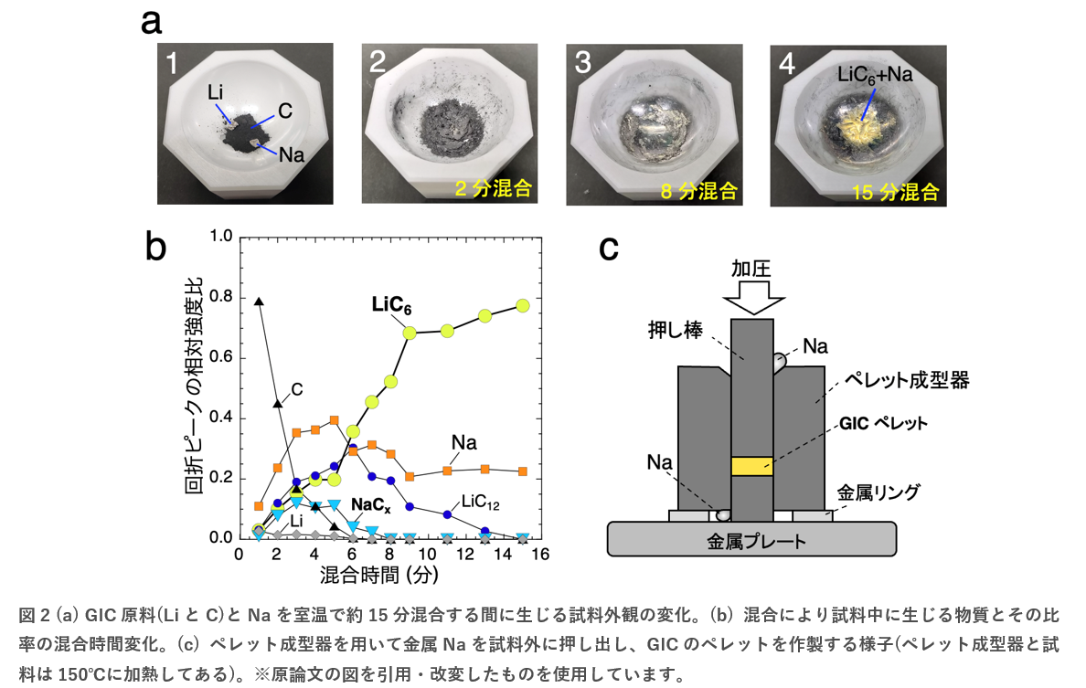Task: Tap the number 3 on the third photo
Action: [583, 63]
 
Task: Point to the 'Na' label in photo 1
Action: [291, 154]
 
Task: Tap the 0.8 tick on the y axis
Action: [219, 297]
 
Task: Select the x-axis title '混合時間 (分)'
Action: [381, 576]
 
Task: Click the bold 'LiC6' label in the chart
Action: [391, 304]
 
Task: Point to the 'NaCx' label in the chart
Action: [373, 503]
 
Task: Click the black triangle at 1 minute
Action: [259, 302]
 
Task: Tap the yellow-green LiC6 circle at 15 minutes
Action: [523, 305]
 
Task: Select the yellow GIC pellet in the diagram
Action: [752, 466]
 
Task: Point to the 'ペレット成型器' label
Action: [907, 377]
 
